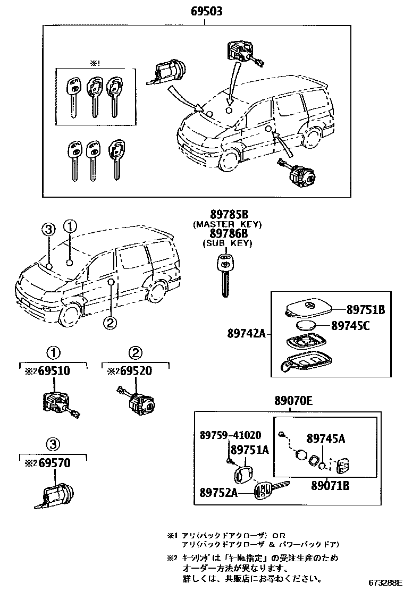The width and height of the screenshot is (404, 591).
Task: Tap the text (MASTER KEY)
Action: pos(228,224)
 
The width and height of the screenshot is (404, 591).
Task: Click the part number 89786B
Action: pos(229,234)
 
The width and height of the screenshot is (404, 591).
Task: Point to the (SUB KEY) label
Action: pos(228,243)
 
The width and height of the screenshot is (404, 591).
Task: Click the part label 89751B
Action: pos(366,310)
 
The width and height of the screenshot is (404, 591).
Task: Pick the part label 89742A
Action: pos(246,335)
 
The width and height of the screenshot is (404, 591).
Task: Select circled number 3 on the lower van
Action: pos(48,229)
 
